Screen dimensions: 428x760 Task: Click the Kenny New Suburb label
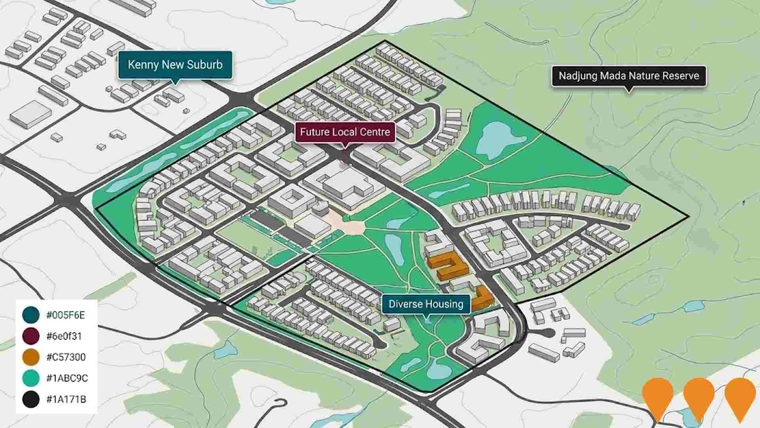click(x=175, y=65)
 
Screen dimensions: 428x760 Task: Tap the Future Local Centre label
click(x=345, y=132)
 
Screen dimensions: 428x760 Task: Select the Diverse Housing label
click(x=426, y=304)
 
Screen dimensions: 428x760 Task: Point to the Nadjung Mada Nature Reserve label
click(x=629, y=76)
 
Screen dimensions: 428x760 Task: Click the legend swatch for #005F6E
click(x=31, y=315)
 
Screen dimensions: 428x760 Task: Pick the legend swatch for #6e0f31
click(x=31, y=336)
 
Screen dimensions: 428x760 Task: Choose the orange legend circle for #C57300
click(x=31, y=357)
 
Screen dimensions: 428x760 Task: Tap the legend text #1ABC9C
click(x=67, y=378)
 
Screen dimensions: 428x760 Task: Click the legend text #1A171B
click(x=66, y=399)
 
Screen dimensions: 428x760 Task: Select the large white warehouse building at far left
click(x=30, y=114)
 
